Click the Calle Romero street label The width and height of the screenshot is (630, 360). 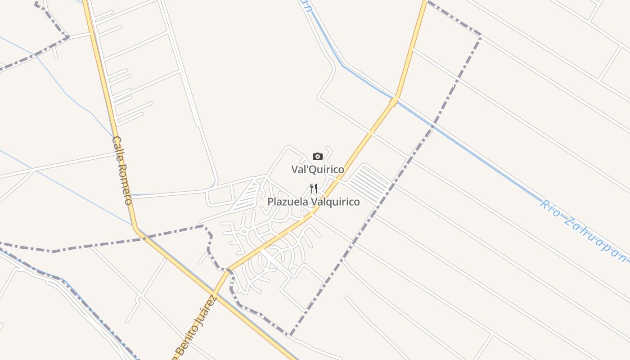[x=122, y=170]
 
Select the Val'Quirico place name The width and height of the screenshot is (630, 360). [x=318, y=170]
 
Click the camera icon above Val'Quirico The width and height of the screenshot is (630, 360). [x=318, y=157]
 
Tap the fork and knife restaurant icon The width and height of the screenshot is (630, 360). [x=314, y=189]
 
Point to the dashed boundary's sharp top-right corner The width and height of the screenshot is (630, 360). [x=481, y=35]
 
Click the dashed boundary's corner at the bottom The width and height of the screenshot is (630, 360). [x=291, y=335]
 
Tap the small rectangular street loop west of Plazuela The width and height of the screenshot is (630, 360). [x=219, y=196]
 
